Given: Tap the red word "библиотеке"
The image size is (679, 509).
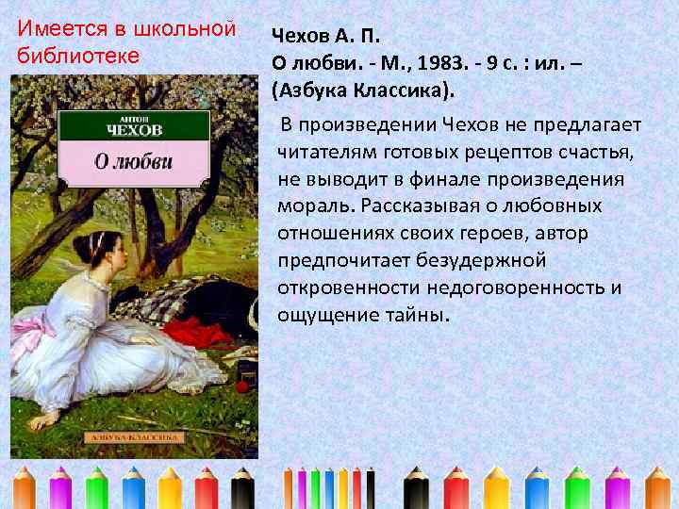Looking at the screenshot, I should [x=78, y=55].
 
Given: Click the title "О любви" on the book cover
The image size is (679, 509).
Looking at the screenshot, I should [x=134, y=159].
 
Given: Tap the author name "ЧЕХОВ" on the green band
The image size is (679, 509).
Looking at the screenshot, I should [x=135, y=129].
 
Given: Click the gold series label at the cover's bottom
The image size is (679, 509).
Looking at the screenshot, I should [x=133, y=438].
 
